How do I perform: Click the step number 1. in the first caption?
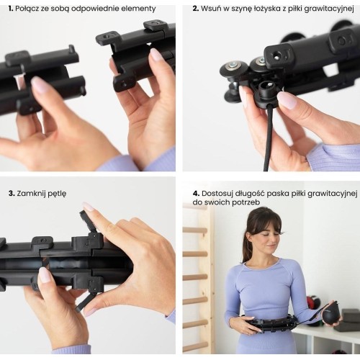pos(11,9)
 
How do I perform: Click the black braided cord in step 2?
pos(269,138)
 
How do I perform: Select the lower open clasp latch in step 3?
pos(86,302)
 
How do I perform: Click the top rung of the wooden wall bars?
pos(195,230)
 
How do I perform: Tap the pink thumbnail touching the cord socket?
pos(287,99)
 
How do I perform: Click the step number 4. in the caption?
pos(196,194)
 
